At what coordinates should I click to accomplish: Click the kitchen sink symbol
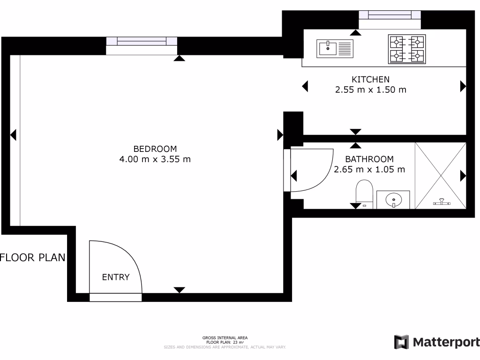(335, 48)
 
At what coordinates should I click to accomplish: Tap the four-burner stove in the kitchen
(406, 49)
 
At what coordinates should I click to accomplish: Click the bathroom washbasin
(394, 199)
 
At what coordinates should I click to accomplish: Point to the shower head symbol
(441, 202)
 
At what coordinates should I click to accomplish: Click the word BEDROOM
(155, 149)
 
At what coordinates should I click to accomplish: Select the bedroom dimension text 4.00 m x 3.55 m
(155, 159)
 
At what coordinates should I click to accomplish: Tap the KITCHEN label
(370, 80)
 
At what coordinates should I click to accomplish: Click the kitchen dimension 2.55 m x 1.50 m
(370, 90)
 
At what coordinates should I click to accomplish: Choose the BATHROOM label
(369, 159)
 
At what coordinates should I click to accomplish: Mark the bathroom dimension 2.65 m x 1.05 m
(369, 170)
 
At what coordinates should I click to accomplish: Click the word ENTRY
(116, 277)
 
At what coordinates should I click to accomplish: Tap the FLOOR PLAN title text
(33, 257)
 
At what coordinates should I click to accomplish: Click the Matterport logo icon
(402, 342)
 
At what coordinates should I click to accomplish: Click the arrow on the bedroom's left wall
(13, 135)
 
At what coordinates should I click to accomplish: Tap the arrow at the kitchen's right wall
(463, 86)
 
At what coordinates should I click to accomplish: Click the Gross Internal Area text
(225, 337)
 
